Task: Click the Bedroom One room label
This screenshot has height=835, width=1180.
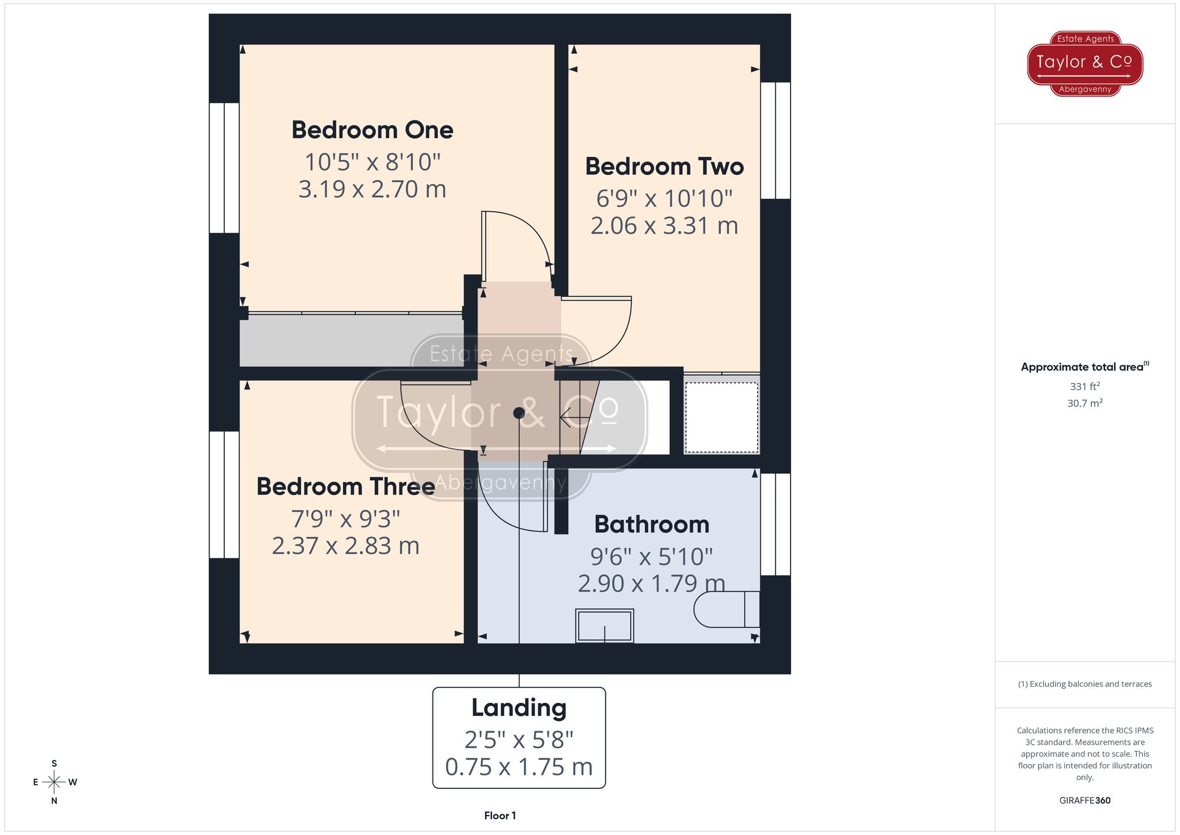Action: tap(372, 130)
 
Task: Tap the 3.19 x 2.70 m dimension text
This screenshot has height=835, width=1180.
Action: tap(372, 189)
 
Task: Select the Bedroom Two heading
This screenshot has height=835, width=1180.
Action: tap(664, 166)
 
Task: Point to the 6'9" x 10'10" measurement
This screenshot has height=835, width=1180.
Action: tap(664, 199)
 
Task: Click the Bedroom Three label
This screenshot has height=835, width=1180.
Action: tap(346, 487)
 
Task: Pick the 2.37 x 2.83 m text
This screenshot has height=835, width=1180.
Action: tap(346, 546)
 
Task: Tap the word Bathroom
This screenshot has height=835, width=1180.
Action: tap(651, 525)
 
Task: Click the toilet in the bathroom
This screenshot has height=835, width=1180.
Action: tap(726, 609)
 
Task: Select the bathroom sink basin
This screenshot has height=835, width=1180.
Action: tap(605, 626)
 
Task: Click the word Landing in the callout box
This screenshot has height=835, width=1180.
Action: tap(519, 708)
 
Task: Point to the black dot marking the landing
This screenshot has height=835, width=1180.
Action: tap(519, 413)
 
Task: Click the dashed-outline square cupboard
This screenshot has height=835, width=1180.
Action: tap(722, 418)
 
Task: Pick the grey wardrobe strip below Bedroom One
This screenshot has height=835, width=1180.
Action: tap(351, 340)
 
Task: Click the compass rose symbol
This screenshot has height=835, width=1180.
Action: tap(54, 782)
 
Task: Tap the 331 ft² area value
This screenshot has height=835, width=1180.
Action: tap(1084, 387)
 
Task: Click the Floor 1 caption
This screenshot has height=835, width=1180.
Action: tap(500, 816)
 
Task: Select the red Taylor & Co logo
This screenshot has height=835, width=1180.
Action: tap(1085, 63)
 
